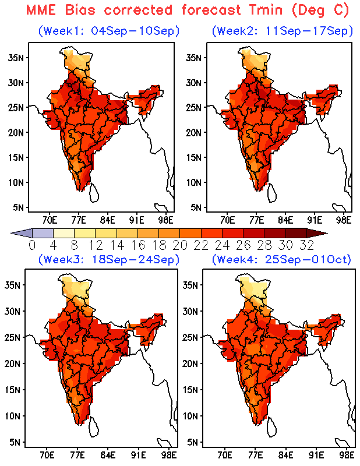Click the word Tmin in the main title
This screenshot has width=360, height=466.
click(266, 10)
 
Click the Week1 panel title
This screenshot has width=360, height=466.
click(109, 31)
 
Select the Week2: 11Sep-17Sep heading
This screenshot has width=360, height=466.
click(283, 31)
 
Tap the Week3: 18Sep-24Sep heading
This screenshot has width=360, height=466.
click(109, 259)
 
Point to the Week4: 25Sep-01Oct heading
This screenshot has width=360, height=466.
click(281, 259)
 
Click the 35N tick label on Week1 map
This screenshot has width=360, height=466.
click(16, 58)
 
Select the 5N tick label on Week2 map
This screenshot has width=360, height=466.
click(196, 207)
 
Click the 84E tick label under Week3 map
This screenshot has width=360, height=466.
click(108, 456)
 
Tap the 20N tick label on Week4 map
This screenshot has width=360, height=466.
click(190, 363)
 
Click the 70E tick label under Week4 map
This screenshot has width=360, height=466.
click(224, 456)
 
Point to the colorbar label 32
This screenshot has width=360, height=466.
click(307, 245)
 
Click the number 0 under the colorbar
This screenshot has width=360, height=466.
click(32, 245)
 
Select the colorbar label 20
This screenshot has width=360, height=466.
click(180, 245)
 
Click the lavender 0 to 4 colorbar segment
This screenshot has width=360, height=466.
click(43, 233)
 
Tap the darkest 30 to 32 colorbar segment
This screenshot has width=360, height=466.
click(296, 233)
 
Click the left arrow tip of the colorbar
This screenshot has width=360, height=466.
click(11, 233)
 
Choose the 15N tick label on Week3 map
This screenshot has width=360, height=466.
click(12, 390)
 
